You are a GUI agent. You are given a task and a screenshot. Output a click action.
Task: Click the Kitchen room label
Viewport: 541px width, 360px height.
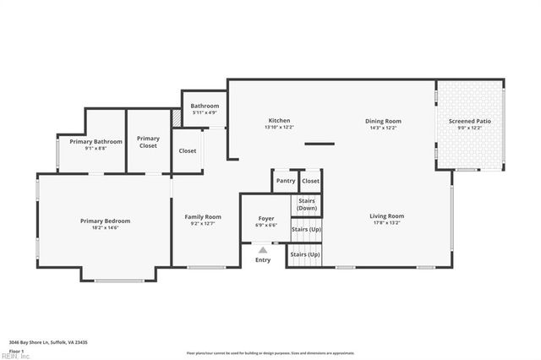(279, 121)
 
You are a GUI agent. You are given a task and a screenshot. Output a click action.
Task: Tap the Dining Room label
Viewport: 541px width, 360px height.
(382, 121)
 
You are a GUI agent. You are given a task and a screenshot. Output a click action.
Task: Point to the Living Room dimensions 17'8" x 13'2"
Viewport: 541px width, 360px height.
(386, 223)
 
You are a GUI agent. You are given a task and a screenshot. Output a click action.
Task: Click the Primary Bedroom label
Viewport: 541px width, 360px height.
(105, 221)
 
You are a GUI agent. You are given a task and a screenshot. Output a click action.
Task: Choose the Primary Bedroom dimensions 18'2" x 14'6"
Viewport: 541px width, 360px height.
(105, 227)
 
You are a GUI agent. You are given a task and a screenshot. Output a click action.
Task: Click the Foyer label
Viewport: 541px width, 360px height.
(265, 218)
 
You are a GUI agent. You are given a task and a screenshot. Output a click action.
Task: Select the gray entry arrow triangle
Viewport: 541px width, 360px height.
(263, 250)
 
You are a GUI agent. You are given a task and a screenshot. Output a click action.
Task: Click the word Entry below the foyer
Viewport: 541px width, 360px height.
(263, 259)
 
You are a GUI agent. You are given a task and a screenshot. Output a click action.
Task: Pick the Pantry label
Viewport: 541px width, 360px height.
(286, 181)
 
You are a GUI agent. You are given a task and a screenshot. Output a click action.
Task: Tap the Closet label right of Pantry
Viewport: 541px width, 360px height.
(311, 181)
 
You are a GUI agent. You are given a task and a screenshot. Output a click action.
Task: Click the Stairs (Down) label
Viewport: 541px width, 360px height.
(306, 205)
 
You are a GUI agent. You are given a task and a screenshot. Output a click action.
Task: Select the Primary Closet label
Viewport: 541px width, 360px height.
(148, 142)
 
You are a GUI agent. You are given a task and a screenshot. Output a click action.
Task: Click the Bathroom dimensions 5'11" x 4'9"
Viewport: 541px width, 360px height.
(205, 112)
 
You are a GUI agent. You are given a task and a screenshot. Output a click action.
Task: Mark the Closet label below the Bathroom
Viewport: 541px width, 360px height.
(188, 150)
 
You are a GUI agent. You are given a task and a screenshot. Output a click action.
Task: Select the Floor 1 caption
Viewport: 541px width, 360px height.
(16, 350)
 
